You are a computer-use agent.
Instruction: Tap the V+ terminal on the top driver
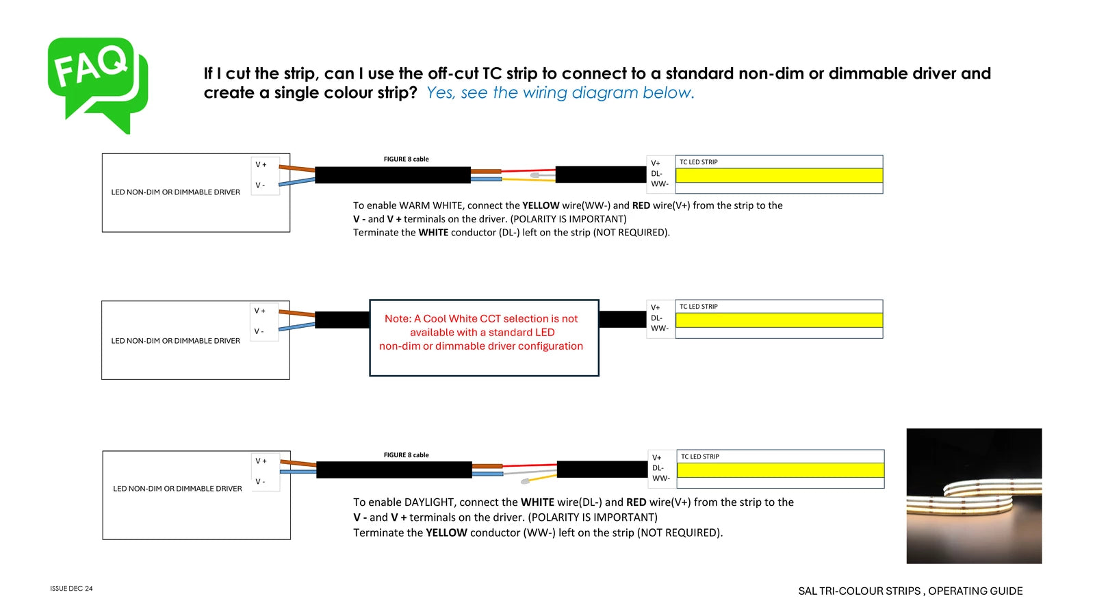coord(261,164)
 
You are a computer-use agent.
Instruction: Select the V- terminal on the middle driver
coord(259,331)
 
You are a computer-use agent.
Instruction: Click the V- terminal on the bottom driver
coord(260,481)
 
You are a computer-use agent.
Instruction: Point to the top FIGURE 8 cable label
coord(406,159)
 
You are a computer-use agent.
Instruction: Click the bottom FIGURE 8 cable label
coord(406,454)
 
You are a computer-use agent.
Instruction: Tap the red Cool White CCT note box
coord(484,337)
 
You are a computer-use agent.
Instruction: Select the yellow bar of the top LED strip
coord(779,175)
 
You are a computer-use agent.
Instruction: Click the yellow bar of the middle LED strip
coord(779,320)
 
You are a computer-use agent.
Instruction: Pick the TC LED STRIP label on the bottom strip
coord(699,457)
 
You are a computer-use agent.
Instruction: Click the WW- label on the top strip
coord(660,183)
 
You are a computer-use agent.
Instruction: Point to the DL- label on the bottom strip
coord(658,468)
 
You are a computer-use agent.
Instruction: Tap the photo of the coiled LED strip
coord(974,496)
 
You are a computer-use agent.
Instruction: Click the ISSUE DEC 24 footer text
coord(71,589)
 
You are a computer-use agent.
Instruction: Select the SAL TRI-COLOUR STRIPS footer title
coord(910,591)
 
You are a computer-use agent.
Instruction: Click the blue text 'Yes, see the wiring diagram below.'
coord(560,92)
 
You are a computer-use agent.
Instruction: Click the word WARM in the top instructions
coord(413,205)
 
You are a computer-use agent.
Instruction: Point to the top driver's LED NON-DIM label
coord(175,192)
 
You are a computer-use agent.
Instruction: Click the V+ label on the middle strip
coord(656,307)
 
